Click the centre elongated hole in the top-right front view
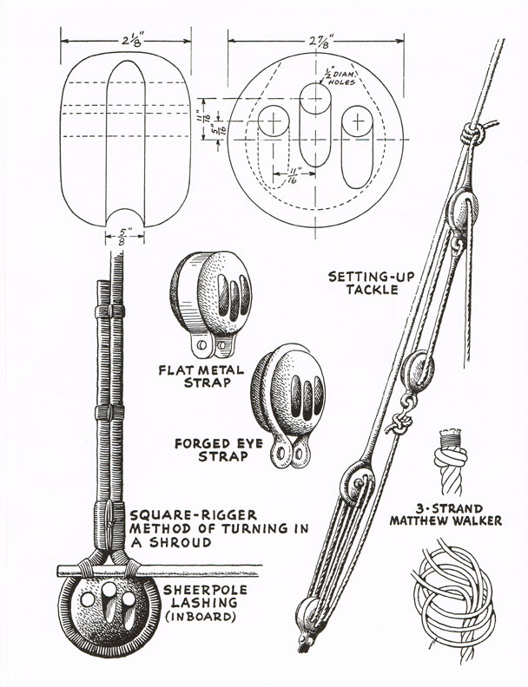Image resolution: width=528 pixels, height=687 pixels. tap(313, 120)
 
